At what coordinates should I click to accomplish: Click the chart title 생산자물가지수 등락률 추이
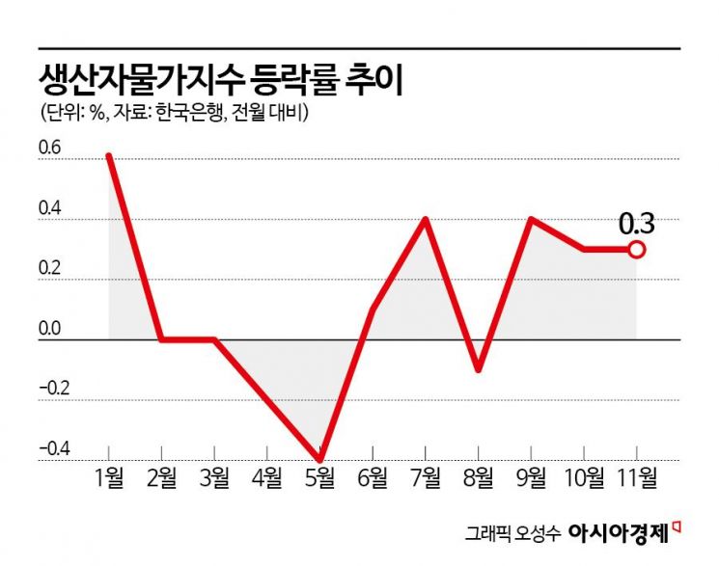point(220,80)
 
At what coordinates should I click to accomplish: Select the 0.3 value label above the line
point(636,224)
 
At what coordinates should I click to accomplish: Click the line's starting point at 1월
point(109,155)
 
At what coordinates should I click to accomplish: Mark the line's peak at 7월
point(426,219)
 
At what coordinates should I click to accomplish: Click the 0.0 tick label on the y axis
point(49,330)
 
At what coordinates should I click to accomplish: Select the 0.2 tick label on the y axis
point(49,271)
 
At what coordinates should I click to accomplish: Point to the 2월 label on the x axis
point(161,476)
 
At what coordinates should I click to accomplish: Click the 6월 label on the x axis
point(373,476)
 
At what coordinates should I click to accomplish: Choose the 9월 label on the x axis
point(531,476)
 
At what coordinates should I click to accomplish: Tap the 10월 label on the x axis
point(582,476)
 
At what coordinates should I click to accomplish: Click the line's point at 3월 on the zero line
point(214,339)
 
